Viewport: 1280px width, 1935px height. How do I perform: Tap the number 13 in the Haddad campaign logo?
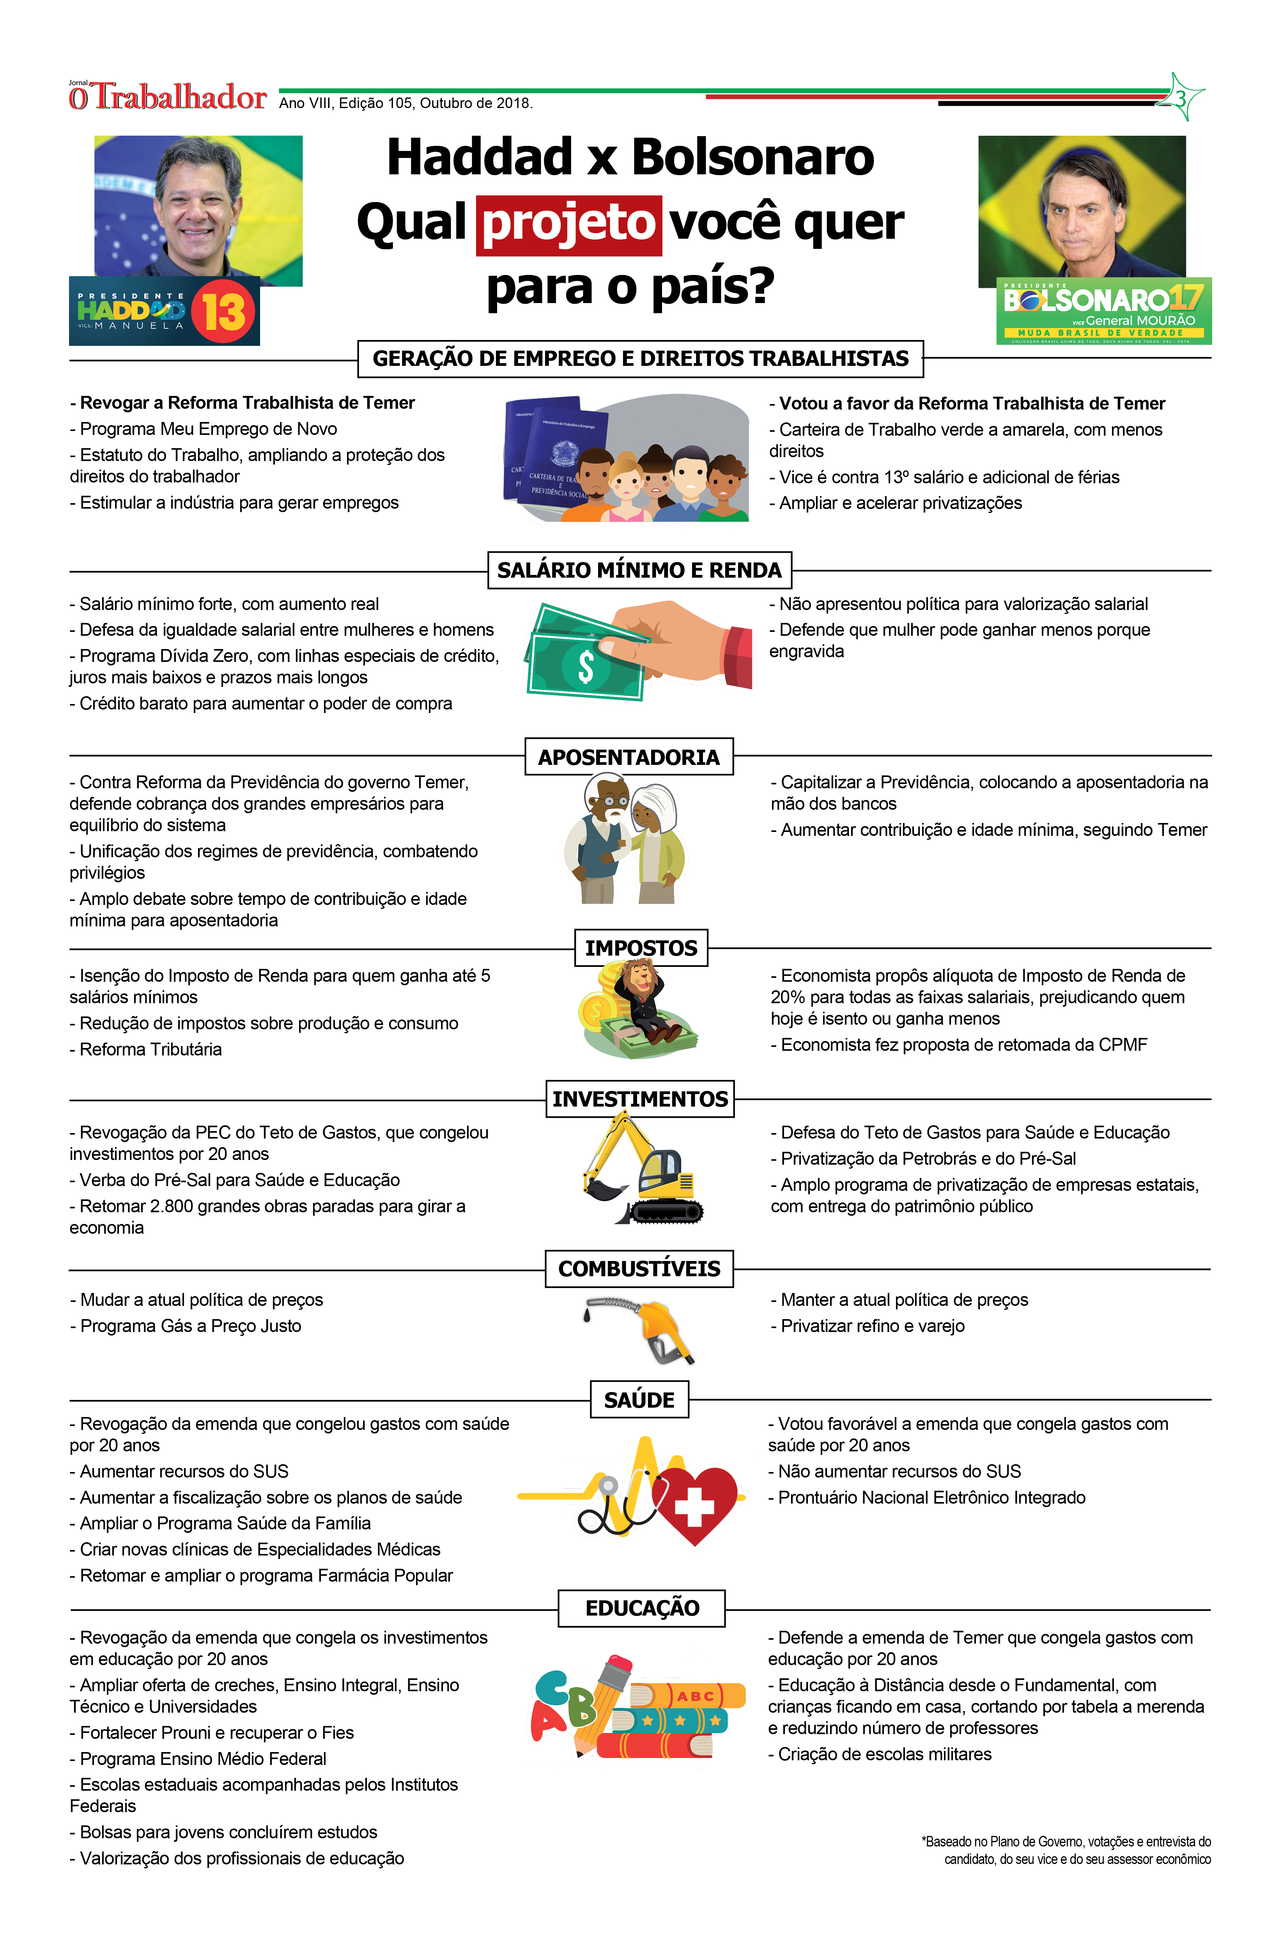point(224,311)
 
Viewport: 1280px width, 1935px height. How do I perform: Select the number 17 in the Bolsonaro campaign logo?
point(1185,299)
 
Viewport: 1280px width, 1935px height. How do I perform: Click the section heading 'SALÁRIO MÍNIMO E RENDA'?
point(639,570)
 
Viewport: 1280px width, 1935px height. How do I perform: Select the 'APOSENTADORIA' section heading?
point(628,757)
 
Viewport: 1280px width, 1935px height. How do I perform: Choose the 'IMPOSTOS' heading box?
point(641,948)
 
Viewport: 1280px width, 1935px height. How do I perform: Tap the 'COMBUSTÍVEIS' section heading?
point(639,1269)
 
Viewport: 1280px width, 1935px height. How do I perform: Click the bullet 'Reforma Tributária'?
point(151,1049)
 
